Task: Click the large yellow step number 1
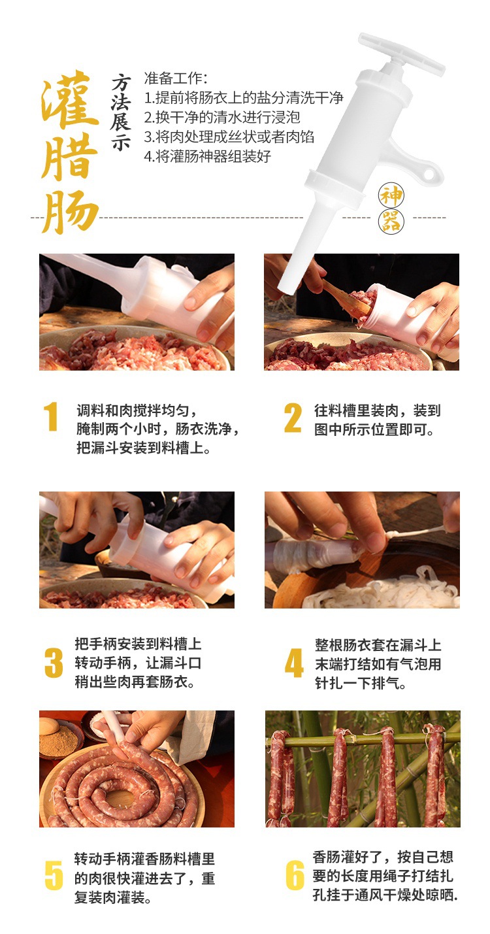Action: [52, 416]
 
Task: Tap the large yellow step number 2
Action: [293, 418]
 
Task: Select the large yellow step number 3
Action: [54, 663]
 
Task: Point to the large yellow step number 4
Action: [294, 663]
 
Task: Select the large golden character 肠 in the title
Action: [70, 211]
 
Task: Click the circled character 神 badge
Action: [391, 195]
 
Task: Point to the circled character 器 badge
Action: [391, 222]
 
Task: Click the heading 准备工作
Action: [176, 78]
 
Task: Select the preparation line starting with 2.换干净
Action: [222, 117]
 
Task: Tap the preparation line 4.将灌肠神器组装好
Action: [208, 156]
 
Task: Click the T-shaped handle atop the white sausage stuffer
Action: [401, 56]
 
